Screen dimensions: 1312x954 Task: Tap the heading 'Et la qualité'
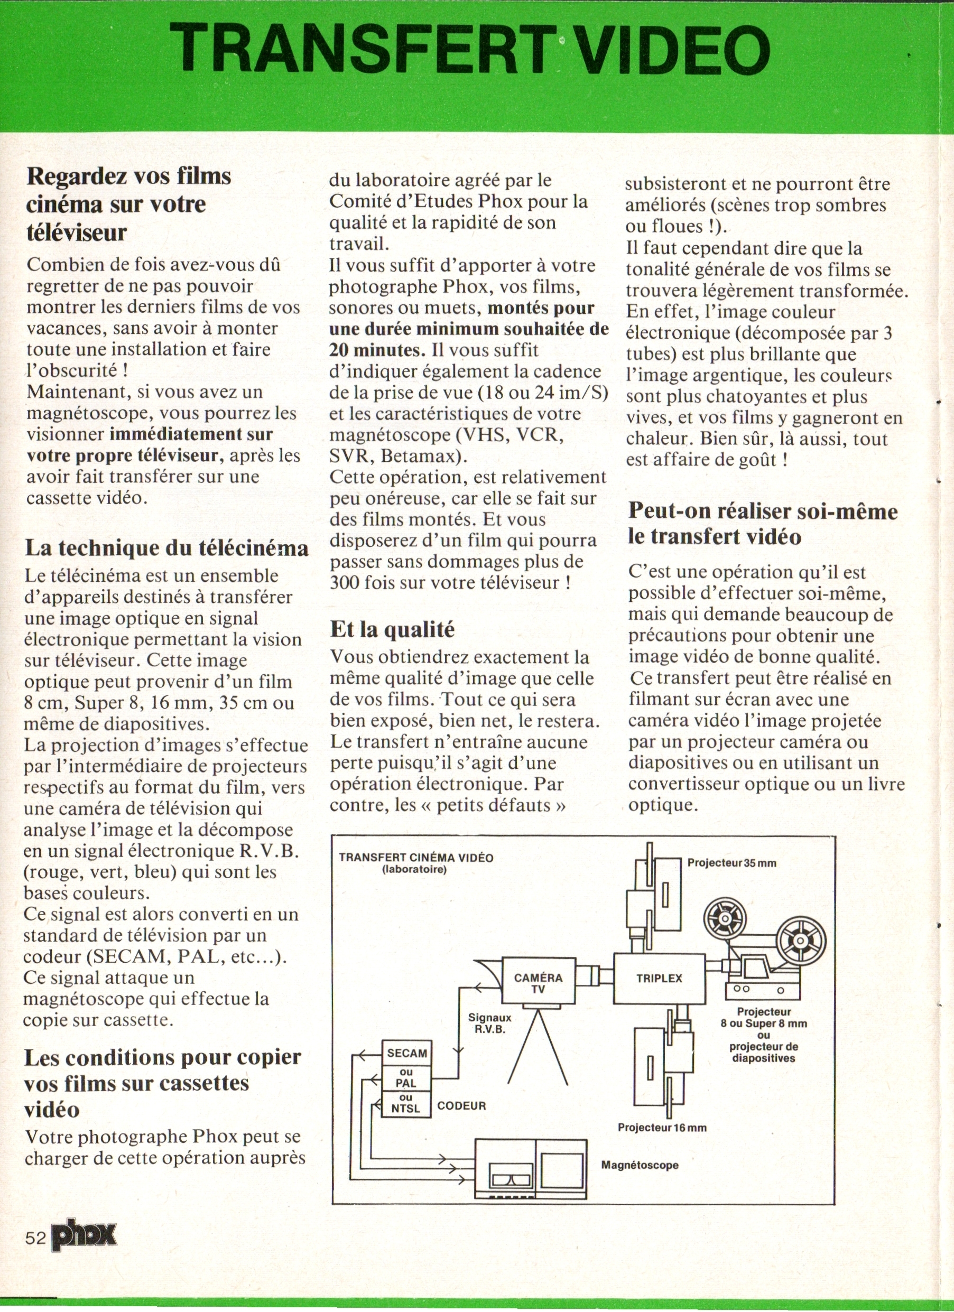pos(392,629)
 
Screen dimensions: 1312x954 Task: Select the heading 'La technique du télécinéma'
pos(166,547)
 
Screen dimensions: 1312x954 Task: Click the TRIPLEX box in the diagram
pos(659,978)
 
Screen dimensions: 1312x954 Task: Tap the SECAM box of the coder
pos(407,1053)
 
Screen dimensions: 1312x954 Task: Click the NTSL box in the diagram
pos(405,1105)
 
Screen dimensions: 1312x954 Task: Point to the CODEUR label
pos(461,1105)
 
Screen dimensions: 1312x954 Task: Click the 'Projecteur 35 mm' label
pos(731,863)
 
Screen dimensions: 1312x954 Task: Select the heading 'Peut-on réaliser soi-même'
pos(763,511)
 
